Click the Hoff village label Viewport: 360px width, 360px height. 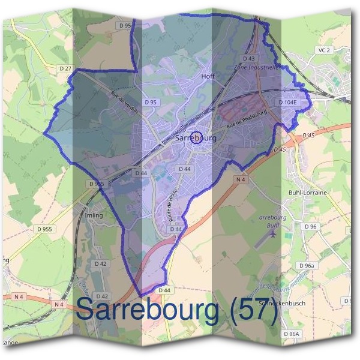point(208,77)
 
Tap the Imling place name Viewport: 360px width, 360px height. point(94,215)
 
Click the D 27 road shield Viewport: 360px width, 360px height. point(66,70)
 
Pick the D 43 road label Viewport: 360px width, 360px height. point(249,58)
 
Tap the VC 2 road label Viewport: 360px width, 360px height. point(325,50)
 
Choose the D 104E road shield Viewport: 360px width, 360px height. point(289,103)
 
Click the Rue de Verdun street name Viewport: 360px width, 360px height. point(124,102)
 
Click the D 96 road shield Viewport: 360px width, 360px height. point(310,226)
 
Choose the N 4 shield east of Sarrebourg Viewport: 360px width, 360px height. point(240,179)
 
